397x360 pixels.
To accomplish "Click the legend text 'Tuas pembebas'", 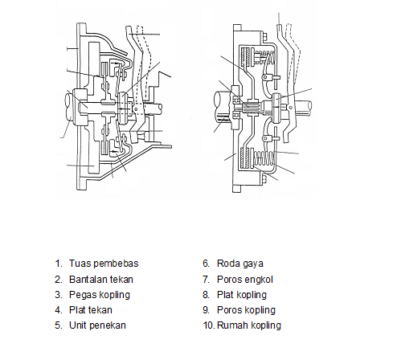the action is [x=104, y=264].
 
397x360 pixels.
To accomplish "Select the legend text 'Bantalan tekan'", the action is [x=101, y=280].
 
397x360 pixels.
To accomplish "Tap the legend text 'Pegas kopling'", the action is [x=100, y=295].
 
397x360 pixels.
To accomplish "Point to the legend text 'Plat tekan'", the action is [x=91, y=310].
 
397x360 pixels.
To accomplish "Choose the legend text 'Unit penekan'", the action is [x=97, y=325].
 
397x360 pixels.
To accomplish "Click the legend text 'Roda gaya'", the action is [x=240, y=264].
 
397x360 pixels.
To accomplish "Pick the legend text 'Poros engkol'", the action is [x=245, y=280].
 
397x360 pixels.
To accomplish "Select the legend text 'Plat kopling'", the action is [x=242, y=295].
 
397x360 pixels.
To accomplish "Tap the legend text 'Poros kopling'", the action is [x=246, y=310].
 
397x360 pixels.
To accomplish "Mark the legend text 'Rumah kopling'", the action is [x=249, y=325].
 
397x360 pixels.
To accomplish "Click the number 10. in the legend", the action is [x=209, y=325].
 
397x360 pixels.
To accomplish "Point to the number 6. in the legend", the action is [x=206, y=264].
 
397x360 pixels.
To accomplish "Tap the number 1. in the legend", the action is [x=59, y=264].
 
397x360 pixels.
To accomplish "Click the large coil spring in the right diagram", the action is [x=264, y=158].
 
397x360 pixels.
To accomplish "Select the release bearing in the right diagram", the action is [x=276, y=108].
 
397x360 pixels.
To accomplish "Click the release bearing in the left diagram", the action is [x=123, y=108].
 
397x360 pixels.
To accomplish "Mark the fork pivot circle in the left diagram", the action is [x=136, y=109].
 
